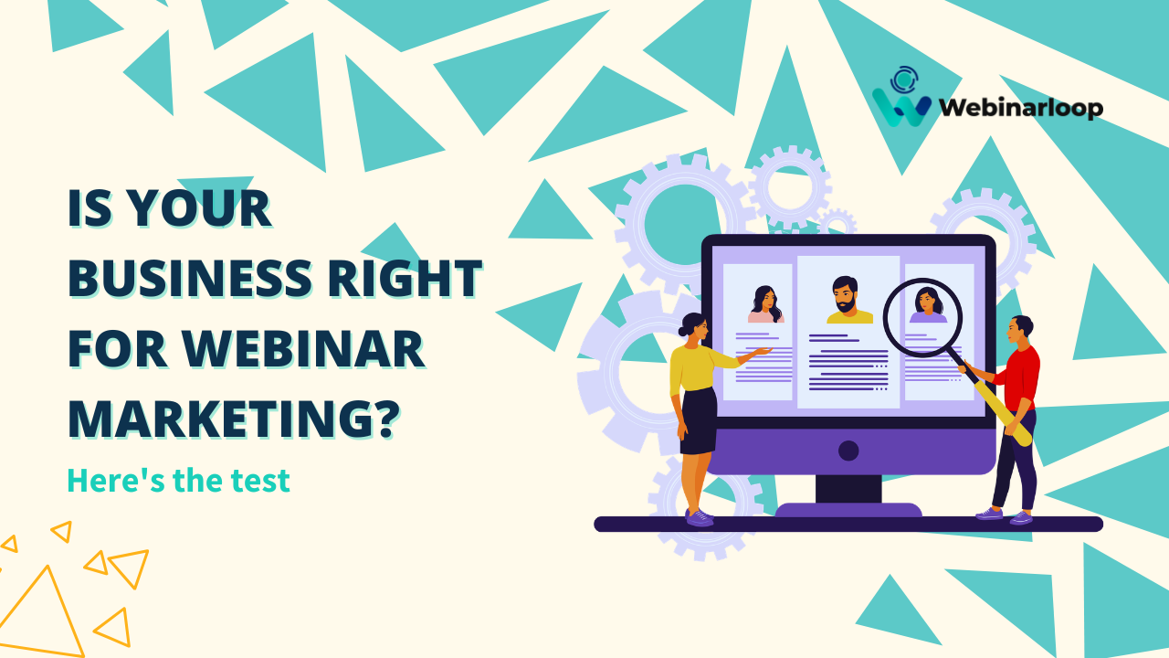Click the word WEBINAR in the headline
click(303, 349)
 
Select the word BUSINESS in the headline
click(189, 278)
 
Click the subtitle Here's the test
click(178, 481)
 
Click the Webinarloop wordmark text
click(1021, 108)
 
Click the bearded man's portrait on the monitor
click(849, 301)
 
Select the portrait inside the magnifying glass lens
click(927, 305)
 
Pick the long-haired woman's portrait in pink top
click(765, 304)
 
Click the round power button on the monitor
click(848, 451)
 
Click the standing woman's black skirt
click(700, 421)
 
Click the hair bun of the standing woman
click(684, 330)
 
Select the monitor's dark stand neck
click(848, 489)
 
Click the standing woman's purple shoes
click(700, 517)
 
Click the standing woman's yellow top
click(694, 368)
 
